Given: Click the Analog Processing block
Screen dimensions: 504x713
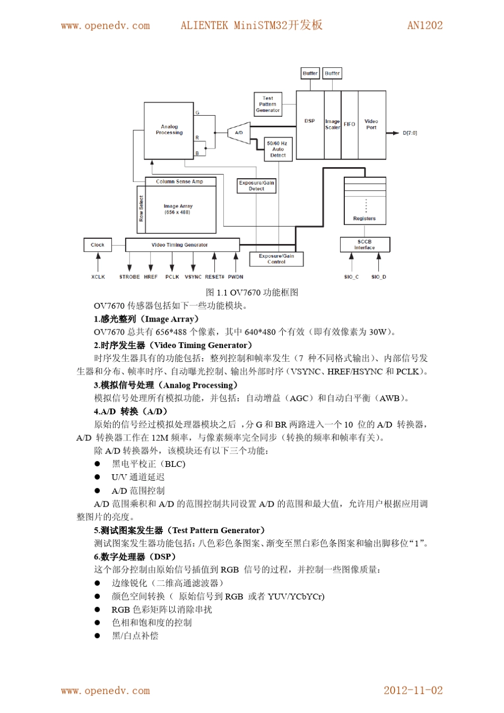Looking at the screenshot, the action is [x=169, y=130].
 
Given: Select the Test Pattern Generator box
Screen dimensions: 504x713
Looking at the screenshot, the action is [x=267, y=105].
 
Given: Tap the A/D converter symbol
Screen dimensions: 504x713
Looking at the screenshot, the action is [x=239, y=133].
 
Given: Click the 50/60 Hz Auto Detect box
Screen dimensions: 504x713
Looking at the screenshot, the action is [x=278, y=149].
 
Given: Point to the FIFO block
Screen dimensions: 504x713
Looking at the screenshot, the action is [x=349, y=125].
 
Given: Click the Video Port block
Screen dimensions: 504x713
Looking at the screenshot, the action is [x=371, y=125].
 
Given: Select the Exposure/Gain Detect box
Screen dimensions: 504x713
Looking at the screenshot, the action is [x=256, y=186].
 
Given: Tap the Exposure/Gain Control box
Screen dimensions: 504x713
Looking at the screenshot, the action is [x=276, y=259].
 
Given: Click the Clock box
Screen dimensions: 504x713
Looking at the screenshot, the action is [x=98, y=245].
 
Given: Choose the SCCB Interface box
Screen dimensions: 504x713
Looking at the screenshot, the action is [x=364, y=245].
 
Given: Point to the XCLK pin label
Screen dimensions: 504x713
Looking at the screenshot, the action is [x=98, y=277].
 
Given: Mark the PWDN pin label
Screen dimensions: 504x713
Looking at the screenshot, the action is [x=236, y=277].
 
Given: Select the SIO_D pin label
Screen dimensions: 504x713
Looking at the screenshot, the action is [x=378, y=277].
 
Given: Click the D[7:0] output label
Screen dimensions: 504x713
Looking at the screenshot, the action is [x=410, y=133].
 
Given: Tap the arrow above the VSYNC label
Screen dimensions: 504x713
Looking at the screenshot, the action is [x=193, y=262].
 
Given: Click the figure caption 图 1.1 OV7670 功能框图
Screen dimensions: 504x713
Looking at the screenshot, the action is [x=252, y=292].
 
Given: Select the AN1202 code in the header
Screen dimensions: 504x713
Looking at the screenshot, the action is [x=424, y=25].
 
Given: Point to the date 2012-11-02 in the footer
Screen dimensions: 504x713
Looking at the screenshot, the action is [x=413, y=690].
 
